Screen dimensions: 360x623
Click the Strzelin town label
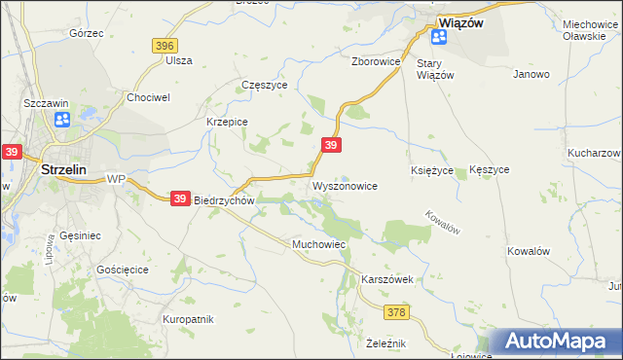point(66,168)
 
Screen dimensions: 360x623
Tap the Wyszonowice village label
point(344,185)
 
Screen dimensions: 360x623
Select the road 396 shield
point(165,46)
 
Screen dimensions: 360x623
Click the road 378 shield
point(395,312)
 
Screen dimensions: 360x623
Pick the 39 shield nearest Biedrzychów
point(180,198)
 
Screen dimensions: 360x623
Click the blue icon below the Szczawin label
point(62,120)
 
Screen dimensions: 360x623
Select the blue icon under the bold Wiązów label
point(439,37)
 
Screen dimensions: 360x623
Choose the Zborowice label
point(377,60)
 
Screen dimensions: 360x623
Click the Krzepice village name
point(227,122)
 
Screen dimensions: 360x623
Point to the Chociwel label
point(149,97)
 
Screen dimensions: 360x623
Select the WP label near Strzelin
point(117,179)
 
